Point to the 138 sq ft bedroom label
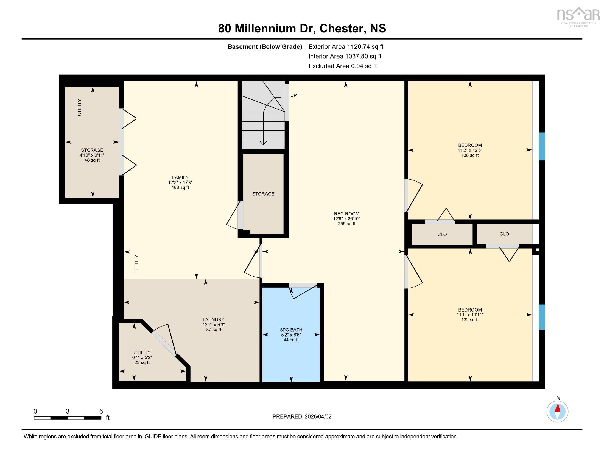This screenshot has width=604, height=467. tap(470, 150)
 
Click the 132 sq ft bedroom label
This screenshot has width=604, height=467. tap(470, 315)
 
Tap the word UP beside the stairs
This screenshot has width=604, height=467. tap(293, 95)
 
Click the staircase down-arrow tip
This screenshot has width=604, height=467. tap(263, 144)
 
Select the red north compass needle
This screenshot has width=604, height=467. tap(558, 408)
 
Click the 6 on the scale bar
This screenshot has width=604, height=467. tap(101, 411)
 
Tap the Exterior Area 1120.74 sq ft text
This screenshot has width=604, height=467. tap(346, 46)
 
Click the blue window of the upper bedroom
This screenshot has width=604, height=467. tap(542, 146)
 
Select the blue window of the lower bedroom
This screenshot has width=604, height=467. tap(542, 317)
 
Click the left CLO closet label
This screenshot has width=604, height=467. tap(442, 234)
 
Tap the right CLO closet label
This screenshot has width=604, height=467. tap(504, 234)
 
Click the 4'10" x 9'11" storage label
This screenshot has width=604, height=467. tap(92, 155)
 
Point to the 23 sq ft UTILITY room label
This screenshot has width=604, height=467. tap(142, 357)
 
